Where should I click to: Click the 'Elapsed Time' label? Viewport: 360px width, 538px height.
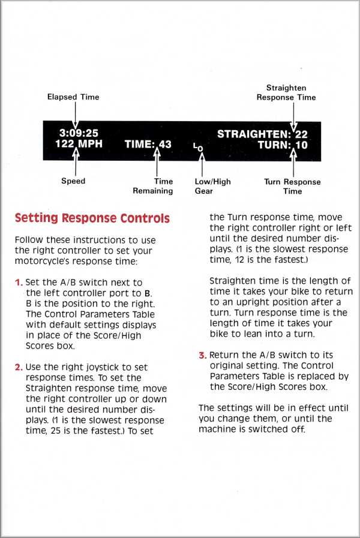[x=73, y=97]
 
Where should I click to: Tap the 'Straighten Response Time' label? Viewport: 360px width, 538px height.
[x=286, y=92]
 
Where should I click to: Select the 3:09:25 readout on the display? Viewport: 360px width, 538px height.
[x=79, y=133]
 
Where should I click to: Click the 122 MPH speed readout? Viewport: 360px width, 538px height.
[x=79, y=144]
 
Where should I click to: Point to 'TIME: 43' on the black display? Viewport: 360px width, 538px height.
[x=148, y=145]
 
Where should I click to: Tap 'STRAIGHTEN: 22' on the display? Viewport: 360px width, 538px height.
[x=262, y=134]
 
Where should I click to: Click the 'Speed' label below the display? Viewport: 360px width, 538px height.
[x=73, y=181]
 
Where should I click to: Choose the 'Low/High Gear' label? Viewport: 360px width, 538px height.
[x=212, y=186]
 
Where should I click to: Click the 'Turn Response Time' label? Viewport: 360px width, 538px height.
[x=292, y=186]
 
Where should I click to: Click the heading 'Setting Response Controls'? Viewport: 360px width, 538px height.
[x=92, y=218]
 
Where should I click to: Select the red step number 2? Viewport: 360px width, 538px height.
[x=18, y=367]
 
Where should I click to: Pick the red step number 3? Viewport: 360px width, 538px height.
[x=202, y=355]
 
